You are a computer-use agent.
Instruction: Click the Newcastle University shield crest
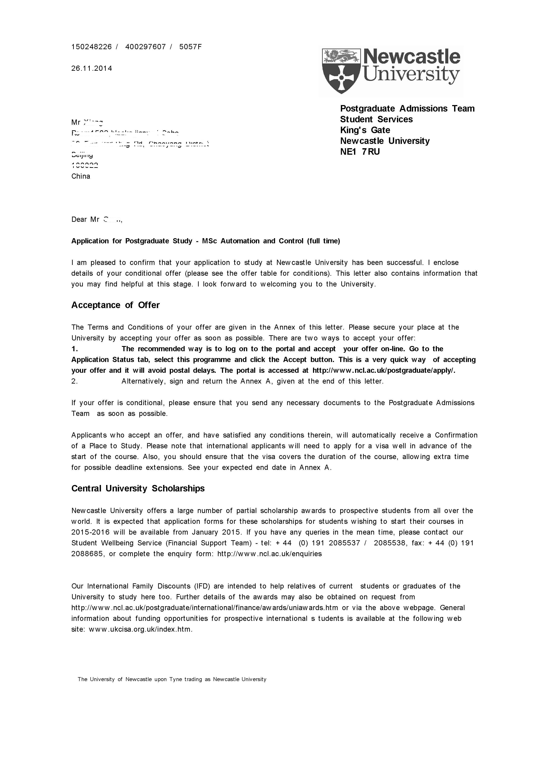tap(341, 71)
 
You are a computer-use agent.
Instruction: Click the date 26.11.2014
tap(92, 69)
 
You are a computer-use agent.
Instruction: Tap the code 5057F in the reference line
tap(190, 47)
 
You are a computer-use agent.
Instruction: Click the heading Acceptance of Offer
tap(115, 305)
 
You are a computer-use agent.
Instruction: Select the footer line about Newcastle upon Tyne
tap(172, 679)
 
